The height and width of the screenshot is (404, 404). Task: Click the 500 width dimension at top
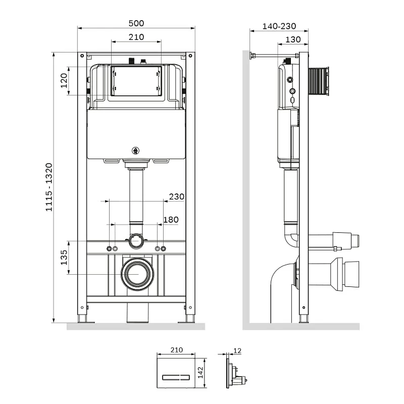[x=136, y=23]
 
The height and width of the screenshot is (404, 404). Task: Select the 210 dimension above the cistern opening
[x=136, y=37]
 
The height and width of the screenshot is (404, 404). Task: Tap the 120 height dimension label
[x=64, y=80]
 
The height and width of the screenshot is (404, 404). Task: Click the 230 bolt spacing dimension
[x=177, y=196]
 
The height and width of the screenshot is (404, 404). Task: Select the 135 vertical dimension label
[x=64, y=257]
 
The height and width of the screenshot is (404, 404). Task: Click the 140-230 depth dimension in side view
[x=280, y=27]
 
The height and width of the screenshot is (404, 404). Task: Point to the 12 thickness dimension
[x=238, y=350]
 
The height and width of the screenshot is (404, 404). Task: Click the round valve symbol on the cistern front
[x=135, y=149]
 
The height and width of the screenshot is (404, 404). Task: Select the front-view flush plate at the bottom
[x=175, y=373]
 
